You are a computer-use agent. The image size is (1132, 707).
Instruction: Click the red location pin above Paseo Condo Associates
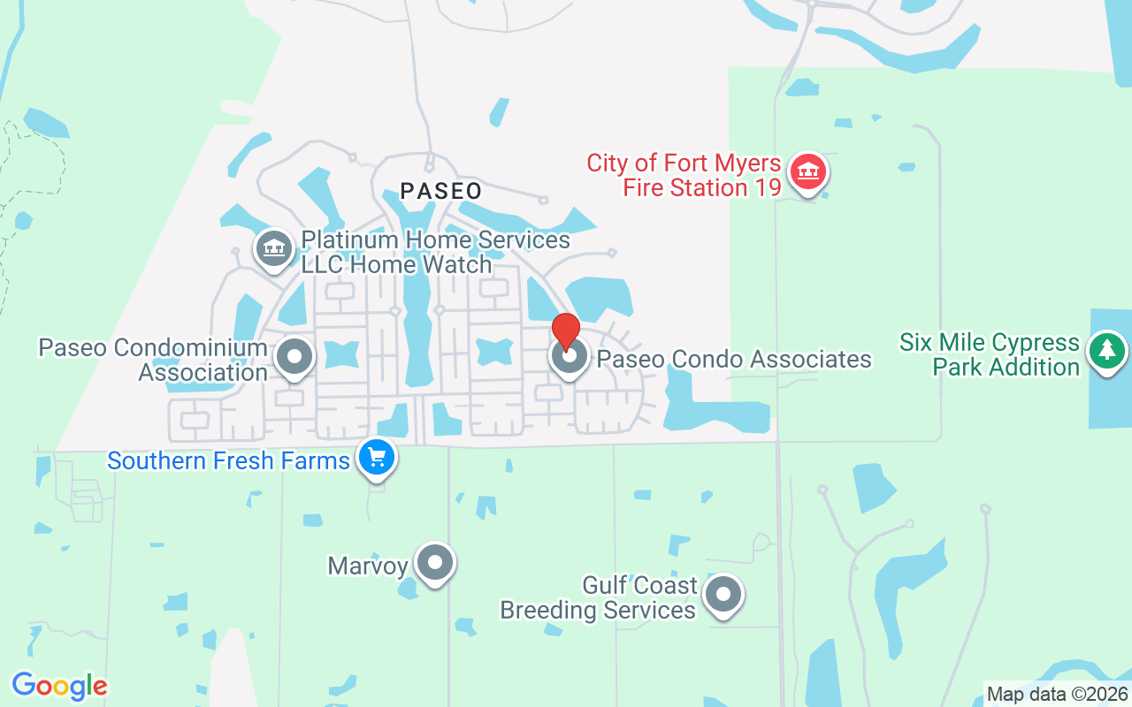[x=565, y=330]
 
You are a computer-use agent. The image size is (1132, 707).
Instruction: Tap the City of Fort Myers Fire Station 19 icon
[x=807, y=172]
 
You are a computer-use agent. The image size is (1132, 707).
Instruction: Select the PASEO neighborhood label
[x=441, y=191]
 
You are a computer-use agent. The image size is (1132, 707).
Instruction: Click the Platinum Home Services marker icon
[x=274, y=249]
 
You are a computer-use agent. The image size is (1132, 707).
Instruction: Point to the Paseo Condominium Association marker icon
[x=294, y=358]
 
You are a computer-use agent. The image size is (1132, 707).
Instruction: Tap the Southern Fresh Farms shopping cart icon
[x=378, y=458]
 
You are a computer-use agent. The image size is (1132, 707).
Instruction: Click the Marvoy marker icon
[x=434, y=562]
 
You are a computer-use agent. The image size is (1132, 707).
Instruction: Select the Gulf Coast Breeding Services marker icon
[x=723, y=596]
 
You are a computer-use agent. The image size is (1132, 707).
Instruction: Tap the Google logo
[x=59, y=685]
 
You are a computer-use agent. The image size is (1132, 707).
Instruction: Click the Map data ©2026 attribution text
[x=1057, y=694]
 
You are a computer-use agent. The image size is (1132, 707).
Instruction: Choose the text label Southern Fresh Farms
[x=228, y=460]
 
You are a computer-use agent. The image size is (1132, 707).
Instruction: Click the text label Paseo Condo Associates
[x=734, y=359]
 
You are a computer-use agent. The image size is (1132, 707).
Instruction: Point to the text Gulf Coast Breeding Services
[x=599, y=598]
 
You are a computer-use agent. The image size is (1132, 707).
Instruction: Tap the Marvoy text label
[x=368, y=566]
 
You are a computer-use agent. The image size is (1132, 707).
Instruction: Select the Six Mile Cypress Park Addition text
[x=990, y=354]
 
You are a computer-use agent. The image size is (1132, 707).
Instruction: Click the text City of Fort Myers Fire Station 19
[x=685, y=175]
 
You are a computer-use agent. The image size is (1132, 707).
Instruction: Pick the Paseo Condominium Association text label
[x=153, y=360]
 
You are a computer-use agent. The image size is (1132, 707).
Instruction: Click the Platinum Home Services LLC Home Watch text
[x=435, y=252]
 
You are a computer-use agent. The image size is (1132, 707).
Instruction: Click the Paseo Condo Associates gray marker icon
[x=569, y=357]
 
